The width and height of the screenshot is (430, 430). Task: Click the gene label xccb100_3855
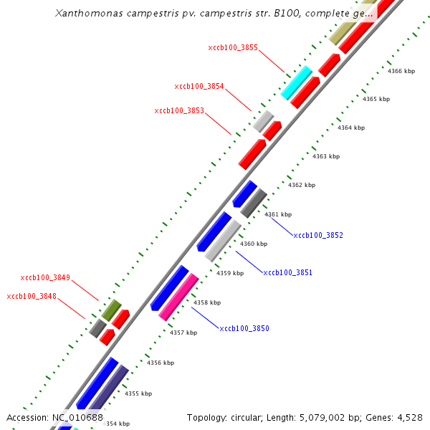(x=233, y=48)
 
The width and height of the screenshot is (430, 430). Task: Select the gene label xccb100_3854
(x=199, y=87)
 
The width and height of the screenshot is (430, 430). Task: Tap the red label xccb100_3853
(x=179, y=111)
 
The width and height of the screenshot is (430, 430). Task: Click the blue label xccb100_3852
(x=318, y=235)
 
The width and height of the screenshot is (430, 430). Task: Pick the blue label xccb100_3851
(x=287, y=273)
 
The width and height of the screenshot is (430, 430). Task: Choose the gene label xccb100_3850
(x=244, y=329)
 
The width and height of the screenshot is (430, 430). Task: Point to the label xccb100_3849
(x=45, y=277)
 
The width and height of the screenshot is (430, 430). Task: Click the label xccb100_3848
(x=32, y=297)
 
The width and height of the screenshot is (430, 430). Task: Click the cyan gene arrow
(x=296, y=82)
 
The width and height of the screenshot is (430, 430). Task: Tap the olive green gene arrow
(x=111, y=310)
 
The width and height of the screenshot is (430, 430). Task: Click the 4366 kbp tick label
(x=401, y=72)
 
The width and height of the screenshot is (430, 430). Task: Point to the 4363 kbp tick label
(x=325, y=156)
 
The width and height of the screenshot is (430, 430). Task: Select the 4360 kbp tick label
(x=254, y=244)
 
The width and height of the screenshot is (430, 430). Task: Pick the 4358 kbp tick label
(x=207, y=302)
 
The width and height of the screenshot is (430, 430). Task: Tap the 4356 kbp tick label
(x=161, y=363)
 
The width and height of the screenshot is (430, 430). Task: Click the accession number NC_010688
(x=77, y=417)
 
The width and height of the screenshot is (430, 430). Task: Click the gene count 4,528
(x=408, y=417)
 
